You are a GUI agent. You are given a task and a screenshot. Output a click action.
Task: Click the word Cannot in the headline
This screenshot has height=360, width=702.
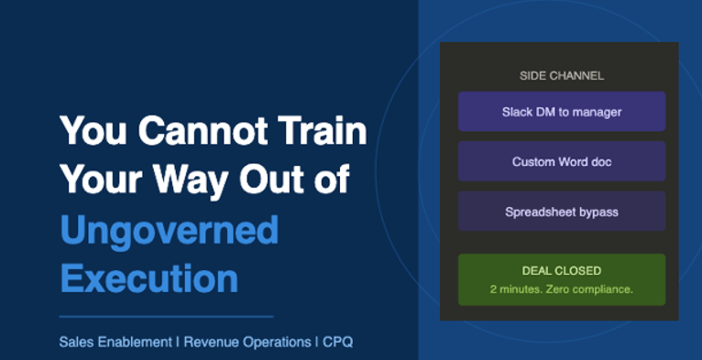click(203, 130)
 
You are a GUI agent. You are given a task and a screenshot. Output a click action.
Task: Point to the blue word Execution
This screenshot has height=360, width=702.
click(149, 278)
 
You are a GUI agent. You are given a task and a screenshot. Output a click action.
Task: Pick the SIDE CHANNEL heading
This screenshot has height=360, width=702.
click(562, 76)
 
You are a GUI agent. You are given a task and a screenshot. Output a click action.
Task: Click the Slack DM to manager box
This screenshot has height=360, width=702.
click(562, 112)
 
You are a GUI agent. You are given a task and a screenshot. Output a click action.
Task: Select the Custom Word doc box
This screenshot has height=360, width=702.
click(562, 161)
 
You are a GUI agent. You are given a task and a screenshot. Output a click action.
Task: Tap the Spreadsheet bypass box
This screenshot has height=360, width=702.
click(562, 212)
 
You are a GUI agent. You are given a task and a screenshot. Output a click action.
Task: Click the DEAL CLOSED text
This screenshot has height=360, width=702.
click(562, 271)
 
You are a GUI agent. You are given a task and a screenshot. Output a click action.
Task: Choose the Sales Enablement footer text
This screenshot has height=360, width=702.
click(115, 343)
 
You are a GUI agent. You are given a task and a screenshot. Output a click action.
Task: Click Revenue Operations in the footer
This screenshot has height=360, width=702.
click(247, 343)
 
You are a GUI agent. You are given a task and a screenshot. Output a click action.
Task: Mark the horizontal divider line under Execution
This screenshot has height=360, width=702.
click(166, 317)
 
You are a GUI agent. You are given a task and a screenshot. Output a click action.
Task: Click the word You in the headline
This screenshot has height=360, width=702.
click(94, 130)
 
